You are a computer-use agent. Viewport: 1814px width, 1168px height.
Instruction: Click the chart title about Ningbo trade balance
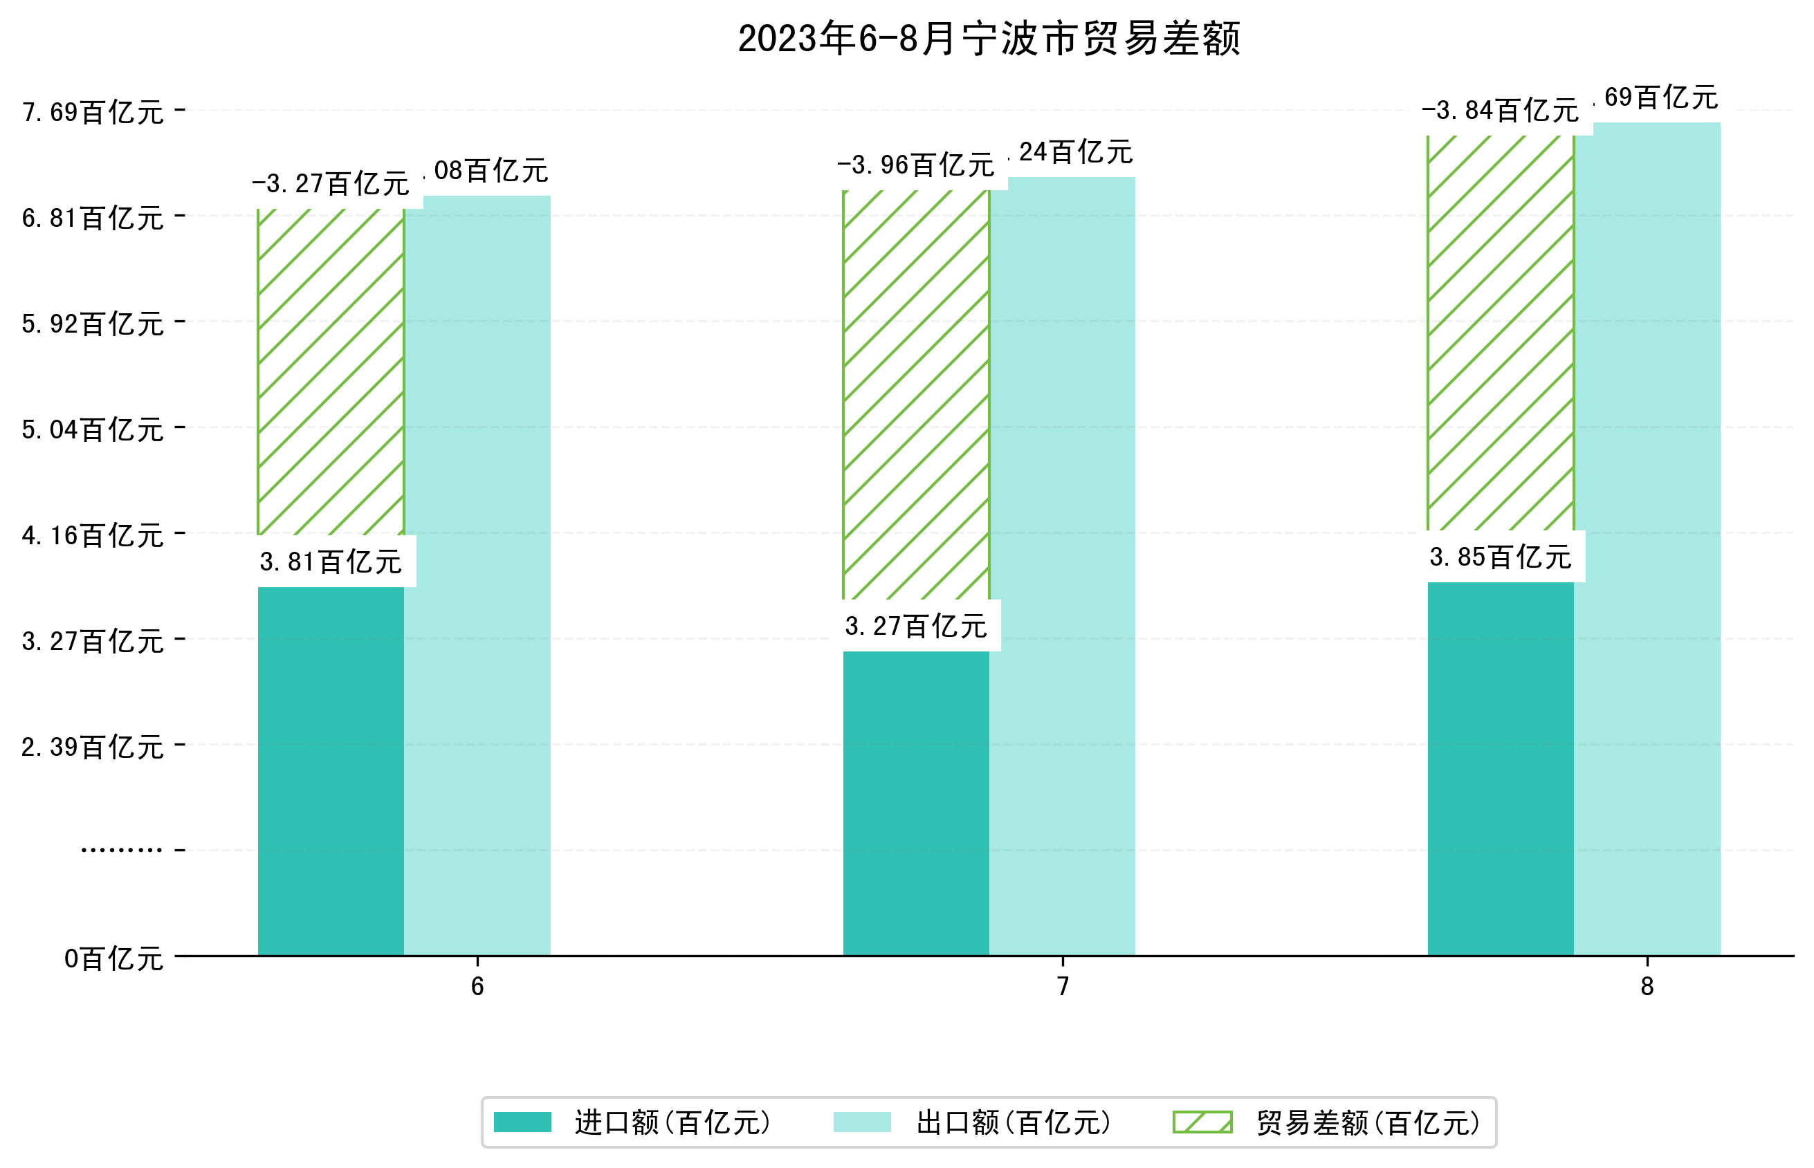988,39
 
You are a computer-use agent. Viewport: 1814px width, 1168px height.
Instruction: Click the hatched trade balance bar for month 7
915,394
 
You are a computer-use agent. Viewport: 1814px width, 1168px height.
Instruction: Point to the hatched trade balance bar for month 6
331,371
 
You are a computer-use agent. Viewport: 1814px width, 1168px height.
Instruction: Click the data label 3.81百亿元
331,562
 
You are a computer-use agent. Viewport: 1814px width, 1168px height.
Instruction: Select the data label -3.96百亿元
915,165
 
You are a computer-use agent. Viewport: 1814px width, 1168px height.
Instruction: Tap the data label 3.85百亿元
1500,557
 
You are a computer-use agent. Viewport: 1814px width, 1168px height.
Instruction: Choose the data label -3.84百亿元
1499,111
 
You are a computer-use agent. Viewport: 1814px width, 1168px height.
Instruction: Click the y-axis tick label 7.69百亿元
93,112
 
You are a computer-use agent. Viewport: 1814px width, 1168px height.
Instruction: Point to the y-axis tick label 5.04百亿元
93,429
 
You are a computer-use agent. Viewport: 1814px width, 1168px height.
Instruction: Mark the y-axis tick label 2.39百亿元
93,747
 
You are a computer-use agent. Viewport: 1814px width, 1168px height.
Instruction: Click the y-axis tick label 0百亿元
113,958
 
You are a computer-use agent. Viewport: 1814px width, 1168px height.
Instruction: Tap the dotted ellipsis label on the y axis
121,850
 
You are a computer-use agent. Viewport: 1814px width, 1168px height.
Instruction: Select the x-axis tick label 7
1062,986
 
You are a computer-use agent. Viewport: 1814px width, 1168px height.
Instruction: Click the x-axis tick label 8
1647,986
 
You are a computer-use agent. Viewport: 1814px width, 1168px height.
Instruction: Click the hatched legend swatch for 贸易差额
1202,1122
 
